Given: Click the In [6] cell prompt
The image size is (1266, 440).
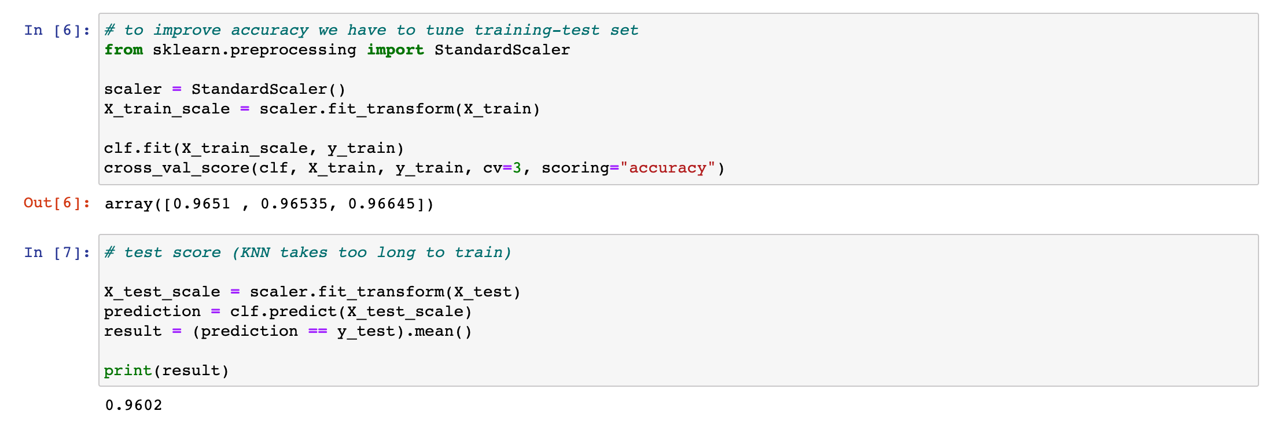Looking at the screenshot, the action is click(57, 30).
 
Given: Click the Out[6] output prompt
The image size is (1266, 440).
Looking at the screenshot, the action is click(57, 203).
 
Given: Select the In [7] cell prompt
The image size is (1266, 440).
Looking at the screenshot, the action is click(57, 252).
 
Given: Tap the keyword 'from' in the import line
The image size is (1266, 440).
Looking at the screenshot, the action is click(123, 50).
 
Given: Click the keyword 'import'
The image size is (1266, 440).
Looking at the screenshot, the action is click(395, 50).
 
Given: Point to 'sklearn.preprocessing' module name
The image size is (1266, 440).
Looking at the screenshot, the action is click(254, 50).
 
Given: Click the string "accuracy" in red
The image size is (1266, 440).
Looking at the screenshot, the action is click(668, 168).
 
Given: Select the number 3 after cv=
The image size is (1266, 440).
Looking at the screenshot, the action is click(517, 168).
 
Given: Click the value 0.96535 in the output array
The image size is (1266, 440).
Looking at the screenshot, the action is click(294, 204).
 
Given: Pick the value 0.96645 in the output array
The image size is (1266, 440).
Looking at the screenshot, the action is click(381, 204).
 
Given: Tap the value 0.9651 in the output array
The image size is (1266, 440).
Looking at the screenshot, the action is click(201, 204).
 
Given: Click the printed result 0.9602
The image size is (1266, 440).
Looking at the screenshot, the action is click(134, 405).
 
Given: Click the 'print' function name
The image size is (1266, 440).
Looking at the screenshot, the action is click(128, 371).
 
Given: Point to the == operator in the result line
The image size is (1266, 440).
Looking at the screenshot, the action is click(318, 331).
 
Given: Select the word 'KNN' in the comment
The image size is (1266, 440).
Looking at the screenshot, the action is click(255, 252).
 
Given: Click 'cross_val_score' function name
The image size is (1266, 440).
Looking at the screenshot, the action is click(176, 168).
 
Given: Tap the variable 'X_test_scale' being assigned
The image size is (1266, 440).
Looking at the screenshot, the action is click(162, 292).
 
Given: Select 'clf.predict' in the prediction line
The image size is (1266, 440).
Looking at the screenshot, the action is click(284, 311).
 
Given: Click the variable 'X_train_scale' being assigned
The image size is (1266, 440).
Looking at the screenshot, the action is click(167, 109).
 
